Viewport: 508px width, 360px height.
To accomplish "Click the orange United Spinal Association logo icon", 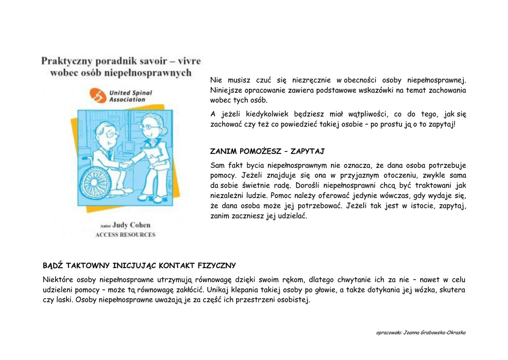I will click(x=97, y=96).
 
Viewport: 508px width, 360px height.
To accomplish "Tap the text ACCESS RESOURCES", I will click(x=126, y=235).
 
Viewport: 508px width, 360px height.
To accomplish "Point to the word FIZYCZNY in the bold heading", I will click(x=216, y=266).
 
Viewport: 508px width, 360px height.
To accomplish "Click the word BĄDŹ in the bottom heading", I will click(x=53, y=266).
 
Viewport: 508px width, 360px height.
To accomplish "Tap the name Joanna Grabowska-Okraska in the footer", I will click(x=435, y=333).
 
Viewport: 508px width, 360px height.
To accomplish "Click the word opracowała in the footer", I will click(x=389, y=333).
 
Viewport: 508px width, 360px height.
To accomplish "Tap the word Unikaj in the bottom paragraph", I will click(x=218, y=290).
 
